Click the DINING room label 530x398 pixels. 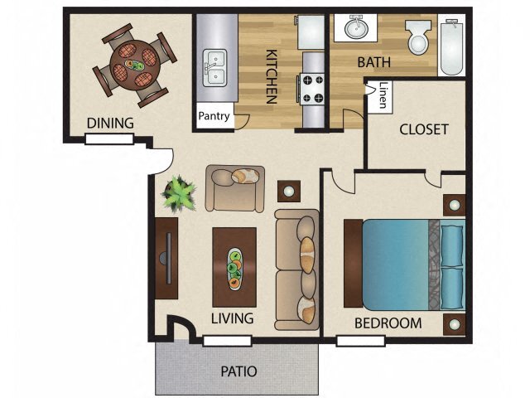coord(110,124)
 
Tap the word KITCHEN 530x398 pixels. coord(271,76)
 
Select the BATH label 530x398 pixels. coord(373,62)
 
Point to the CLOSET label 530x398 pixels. coord(423,129)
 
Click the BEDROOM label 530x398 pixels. coord(388,323)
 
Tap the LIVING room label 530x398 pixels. coord(231,318)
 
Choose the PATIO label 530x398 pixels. coord(238,371)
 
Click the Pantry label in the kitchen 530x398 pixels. coord(214,116)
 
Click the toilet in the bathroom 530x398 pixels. coord(417,37)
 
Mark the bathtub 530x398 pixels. coord(453,46)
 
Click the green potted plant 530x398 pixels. coord(177,194)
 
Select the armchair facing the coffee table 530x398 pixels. coord(235,187)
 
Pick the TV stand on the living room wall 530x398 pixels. coord(166,259)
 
